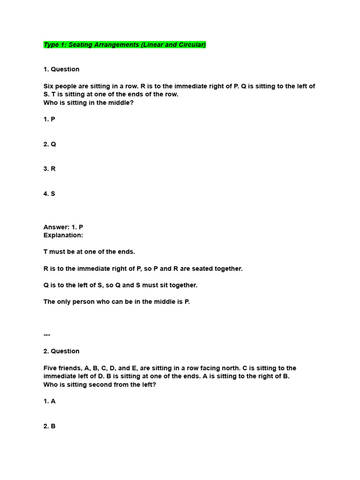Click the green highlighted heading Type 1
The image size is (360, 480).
[x=124, y=45]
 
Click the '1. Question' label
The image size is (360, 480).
[x=61, y=69]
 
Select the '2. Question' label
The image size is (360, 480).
[x=61, y=351]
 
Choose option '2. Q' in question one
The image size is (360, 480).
[x=50, y=144]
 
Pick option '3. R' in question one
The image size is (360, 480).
[x=50, y=169]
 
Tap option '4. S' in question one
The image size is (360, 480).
[x=49, y=194]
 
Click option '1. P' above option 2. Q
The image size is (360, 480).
[x=49, y=120]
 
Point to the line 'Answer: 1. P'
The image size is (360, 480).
[x=63, y=227]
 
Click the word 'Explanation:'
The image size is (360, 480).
[x=63, y=235]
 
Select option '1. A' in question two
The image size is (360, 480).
[x=49, y=402]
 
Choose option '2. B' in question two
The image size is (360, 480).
[x=49, y=427]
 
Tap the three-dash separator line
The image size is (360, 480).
[x=47, y=335]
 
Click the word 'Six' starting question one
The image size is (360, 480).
[x=49, y=86]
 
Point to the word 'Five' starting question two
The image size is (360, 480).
[x=51, y=368]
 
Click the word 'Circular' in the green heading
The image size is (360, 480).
[x=190, y=45]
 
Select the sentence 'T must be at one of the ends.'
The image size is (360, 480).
[x=89, y=252]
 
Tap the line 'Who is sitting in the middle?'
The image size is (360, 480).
[x=89, y=103]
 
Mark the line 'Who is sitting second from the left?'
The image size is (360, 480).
[x=104, y=385]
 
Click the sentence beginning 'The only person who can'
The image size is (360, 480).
[x=117, y=302]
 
